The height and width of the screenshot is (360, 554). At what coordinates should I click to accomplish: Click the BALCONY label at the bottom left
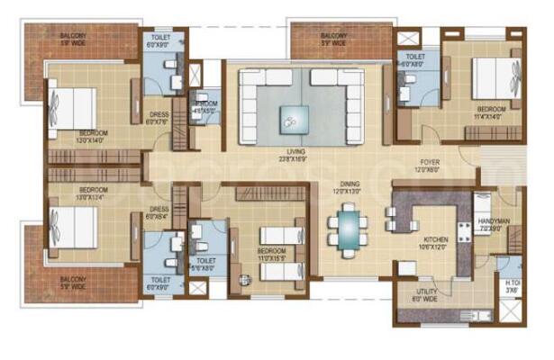point(74,283)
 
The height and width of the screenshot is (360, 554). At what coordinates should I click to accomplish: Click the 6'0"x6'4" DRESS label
point(159,214)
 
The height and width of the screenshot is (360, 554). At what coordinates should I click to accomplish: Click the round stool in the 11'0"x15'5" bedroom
point(242,279)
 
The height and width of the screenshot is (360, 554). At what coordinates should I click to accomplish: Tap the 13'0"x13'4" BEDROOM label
point(93,193)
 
